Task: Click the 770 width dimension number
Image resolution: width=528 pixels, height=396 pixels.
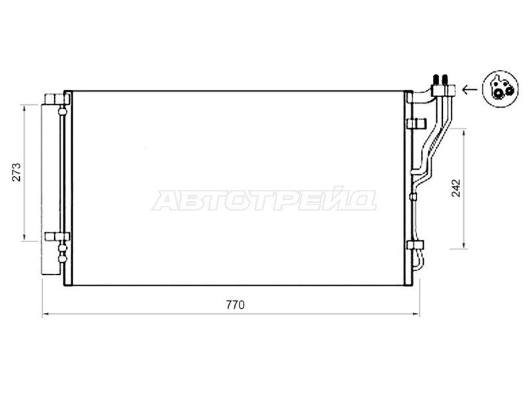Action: click(235, 305)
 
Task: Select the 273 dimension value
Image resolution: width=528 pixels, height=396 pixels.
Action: click(16, 172)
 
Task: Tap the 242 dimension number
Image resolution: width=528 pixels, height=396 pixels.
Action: click(455, 189)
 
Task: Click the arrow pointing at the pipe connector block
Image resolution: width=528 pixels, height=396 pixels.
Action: click(470, 89)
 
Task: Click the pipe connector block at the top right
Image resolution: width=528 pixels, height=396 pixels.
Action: click(444, 90)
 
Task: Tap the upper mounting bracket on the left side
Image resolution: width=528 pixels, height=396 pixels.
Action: click(57, 99)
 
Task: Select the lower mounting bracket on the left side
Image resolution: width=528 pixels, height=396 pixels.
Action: click(57, 236)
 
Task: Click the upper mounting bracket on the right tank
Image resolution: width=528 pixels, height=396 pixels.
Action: click(417, 123)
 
